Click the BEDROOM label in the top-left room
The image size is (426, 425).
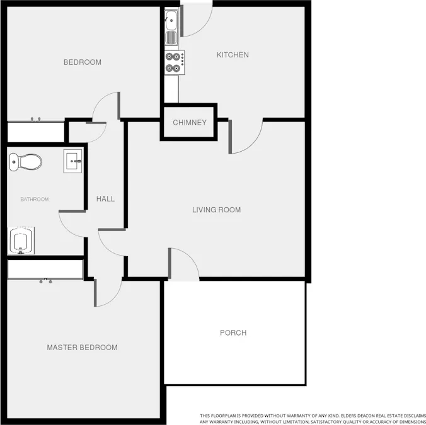click(83, 62)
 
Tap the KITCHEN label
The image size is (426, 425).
click(233, 55)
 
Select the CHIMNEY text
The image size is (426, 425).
click(190, 123)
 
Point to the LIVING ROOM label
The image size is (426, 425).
click(216, 210)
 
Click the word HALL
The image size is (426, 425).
click(105, 199)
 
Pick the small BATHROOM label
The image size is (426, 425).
click(34, 200)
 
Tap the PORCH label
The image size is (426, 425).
click(233, 333)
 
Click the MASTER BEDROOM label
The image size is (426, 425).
click(82, 348)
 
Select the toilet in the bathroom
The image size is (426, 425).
click(25, 162)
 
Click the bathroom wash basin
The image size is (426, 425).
click(73, 161)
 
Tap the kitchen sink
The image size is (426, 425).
click(171, 28)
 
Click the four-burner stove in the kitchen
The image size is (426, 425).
click(175, 62)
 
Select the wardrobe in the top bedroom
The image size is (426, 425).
click(36, 132)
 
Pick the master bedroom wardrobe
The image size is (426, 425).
click(45, 269)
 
